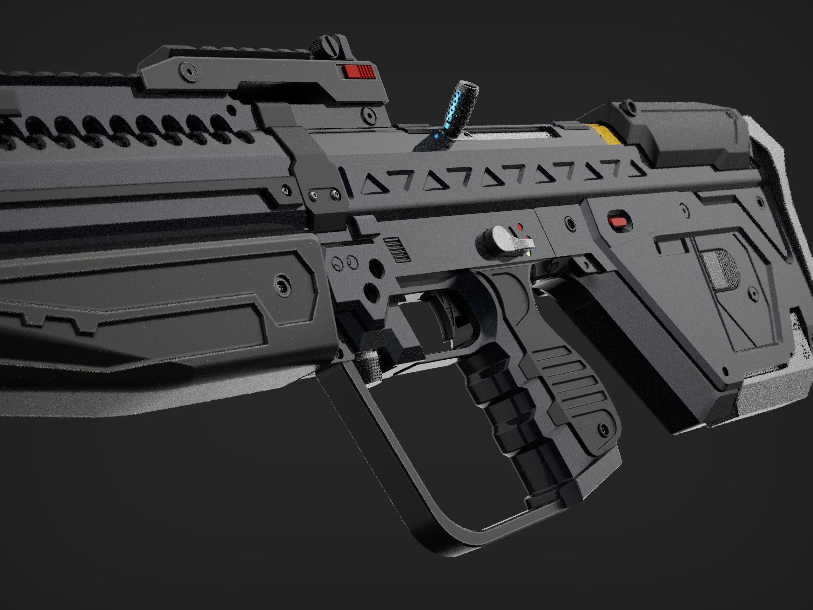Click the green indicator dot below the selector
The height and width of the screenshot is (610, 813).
[x=528, y=253]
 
